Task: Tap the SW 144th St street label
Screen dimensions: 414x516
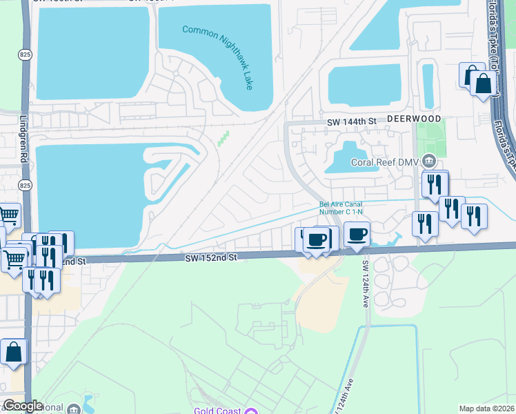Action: [x=351, y=121]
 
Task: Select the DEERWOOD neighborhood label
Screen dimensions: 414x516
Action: [x=413, y=119]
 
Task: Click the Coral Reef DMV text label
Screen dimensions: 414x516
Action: [x=386, y=163]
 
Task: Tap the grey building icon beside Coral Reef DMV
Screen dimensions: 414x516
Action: [x=429, y=162]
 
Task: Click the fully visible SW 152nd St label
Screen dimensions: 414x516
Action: [x=210, y=257]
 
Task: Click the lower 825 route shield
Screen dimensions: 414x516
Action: [x=25, y=185]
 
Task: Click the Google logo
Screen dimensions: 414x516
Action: [x=23, y=406]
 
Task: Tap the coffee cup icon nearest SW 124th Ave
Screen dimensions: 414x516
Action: [x=357, y=235]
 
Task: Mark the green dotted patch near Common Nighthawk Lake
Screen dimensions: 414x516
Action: [x=222, y=139]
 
